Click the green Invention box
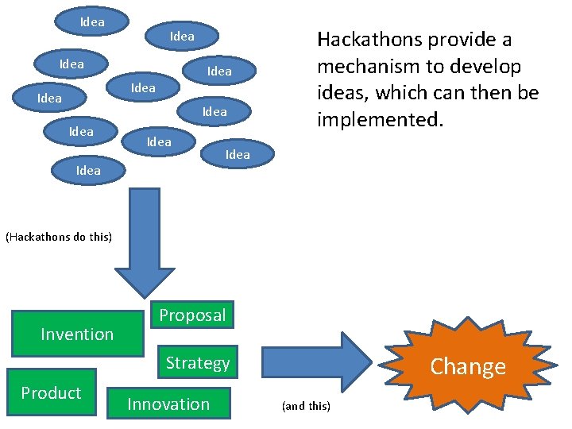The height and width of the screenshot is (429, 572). coord(77,334)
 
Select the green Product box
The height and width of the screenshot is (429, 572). coord(51,392)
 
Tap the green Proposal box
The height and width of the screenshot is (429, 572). coord(192,315)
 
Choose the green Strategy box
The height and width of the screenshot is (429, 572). coord(198,363)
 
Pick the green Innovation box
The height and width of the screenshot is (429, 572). coord(168,404)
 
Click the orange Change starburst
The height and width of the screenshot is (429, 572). coord(467,366)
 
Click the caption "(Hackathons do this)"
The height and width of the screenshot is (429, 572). coord(59,237)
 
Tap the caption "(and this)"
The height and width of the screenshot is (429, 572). coord(306,406)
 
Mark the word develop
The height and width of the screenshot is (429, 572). coord(486,66)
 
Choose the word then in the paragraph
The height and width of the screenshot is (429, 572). coord(492,93)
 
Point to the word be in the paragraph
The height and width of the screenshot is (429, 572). coord(528,93)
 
